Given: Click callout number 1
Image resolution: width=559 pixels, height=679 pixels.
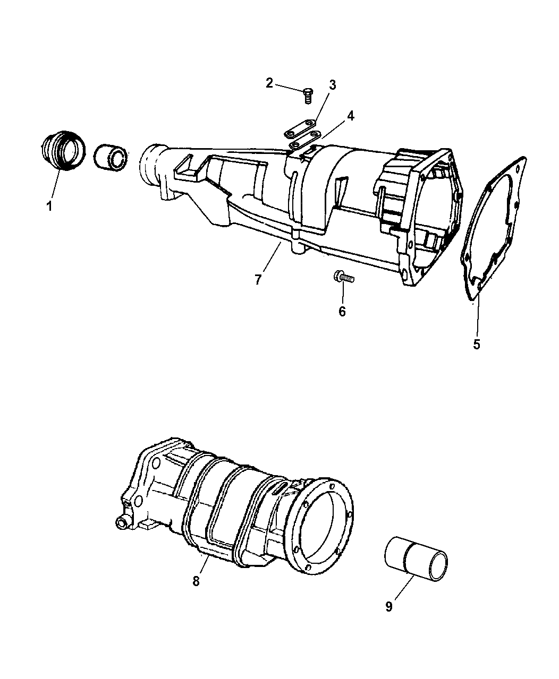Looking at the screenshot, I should click(49, 206).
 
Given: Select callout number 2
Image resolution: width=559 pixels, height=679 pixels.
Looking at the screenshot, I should click(269, 82).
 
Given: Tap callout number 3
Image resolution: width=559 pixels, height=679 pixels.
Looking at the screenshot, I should click(332, 84).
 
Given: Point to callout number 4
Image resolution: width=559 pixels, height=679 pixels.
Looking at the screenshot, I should click(351, 115).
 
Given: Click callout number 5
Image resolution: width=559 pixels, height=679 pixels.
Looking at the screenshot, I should click(477, 344).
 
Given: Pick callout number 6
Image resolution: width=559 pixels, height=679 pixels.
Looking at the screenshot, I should click(342, 312).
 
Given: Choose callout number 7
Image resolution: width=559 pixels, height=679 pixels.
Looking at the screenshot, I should click(258, 279).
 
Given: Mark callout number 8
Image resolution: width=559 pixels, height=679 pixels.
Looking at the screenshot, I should click(196, 581).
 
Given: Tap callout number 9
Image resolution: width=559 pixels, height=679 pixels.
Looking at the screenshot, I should click(389, 606).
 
